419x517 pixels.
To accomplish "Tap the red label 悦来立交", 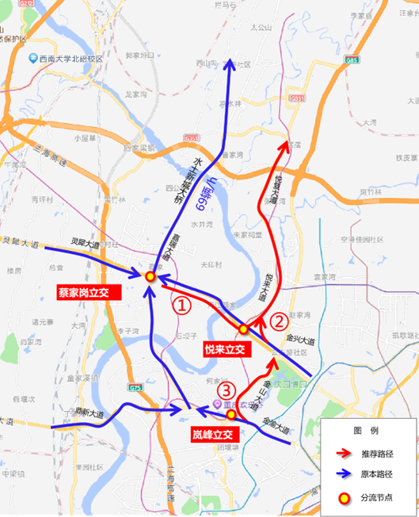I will tap(227, 348).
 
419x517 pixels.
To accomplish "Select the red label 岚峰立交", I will tap(215, 435).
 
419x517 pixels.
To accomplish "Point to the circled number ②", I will tap(279, 321).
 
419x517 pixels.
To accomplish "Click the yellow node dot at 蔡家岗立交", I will tap(149, 276).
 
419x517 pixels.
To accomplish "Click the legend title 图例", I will tap(369, 430).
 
